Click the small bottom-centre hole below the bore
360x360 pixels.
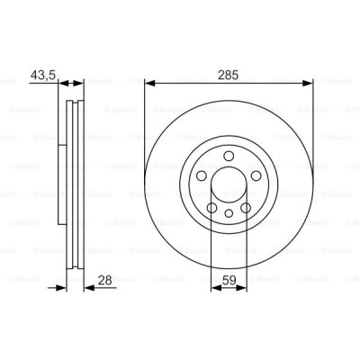(229, 212)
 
